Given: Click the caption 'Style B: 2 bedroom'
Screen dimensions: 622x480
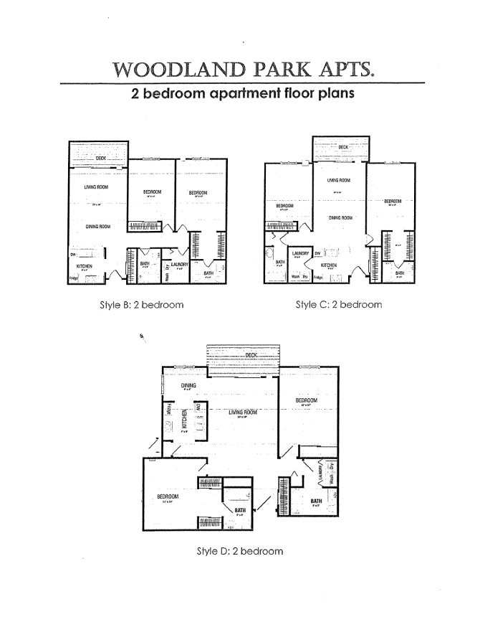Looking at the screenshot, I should (x=142, y=304).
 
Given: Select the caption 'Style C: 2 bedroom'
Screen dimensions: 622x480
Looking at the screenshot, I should (x=339, y=304).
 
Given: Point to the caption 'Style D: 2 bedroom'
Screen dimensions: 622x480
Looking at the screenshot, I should (x=240, y=551).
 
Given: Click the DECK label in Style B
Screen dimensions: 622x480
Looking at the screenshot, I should (x=100, y=159).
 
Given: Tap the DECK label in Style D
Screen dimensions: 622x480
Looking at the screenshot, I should (x=251, y=355).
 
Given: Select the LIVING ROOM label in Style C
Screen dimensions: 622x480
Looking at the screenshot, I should (x=338, y=181).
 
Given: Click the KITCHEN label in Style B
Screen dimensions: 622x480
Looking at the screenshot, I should (x=85, y=265).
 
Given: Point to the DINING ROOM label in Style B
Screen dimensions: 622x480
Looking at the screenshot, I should (x=97, y=227).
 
